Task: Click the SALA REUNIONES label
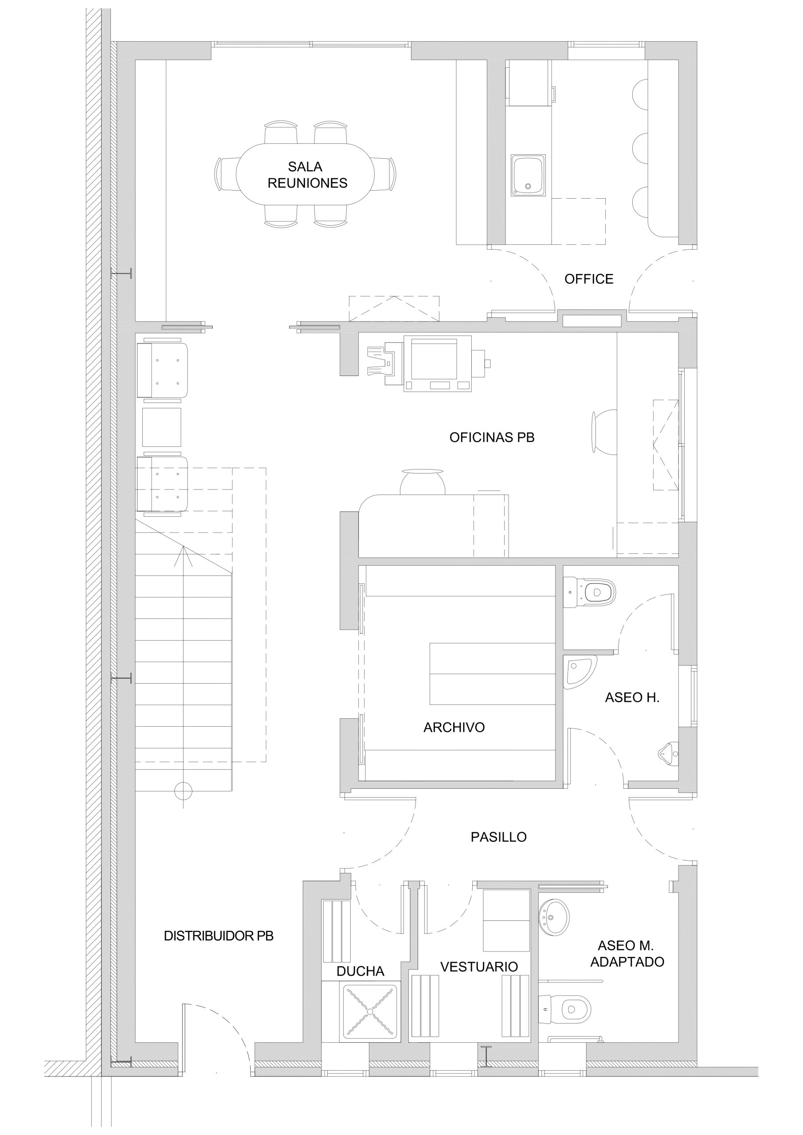(x=307, y=175)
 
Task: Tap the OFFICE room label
(x=589, y=279)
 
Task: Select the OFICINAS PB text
(x=492, y=437)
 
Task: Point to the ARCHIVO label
(x=454, y=727)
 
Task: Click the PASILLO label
(x=498, y=837)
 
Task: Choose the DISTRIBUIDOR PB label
(x=219, y=936)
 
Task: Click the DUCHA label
(x=360, y=971)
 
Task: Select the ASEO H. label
(x=632, y=697)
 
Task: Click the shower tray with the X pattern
(x=370, y=1012)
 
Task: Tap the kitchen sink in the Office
(x=528, y=176)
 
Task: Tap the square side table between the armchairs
(x=162, y=427)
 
